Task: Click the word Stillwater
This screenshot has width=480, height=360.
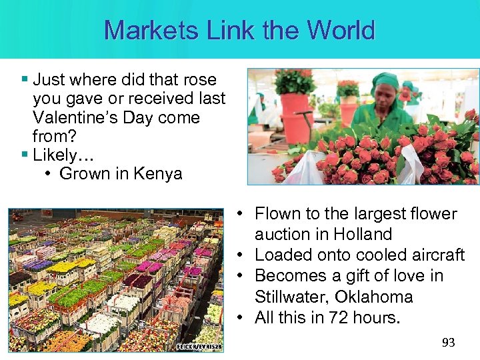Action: tap(289, 297)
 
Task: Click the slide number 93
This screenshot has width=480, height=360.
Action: tap(449, 343)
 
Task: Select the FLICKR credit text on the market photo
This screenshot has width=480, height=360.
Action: tap(199, 347)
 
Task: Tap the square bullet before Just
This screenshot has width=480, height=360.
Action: tap(25, 80)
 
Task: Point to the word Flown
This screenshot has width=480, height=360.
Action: tap(278, 213)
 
